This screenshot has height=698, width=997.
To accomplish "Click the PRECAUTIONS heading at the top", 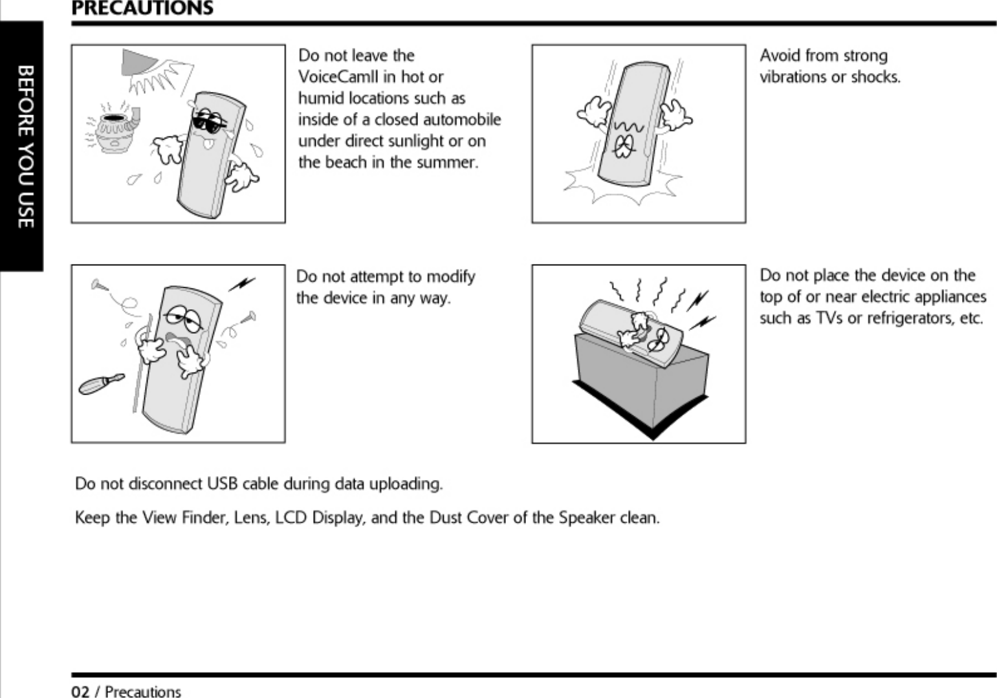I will pyautogui.click(x=142, y=8).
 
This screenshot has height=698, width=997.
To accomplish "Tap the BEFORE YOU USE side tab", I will pyautogui.click(x=24, y=146).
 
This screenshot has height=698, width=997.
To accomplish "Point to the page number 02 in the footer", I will pyautogui.click(x=80, y=692).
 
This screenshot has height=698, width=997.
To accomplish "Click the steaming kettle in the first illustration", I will pyautogui.click(x=115, y=131).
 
